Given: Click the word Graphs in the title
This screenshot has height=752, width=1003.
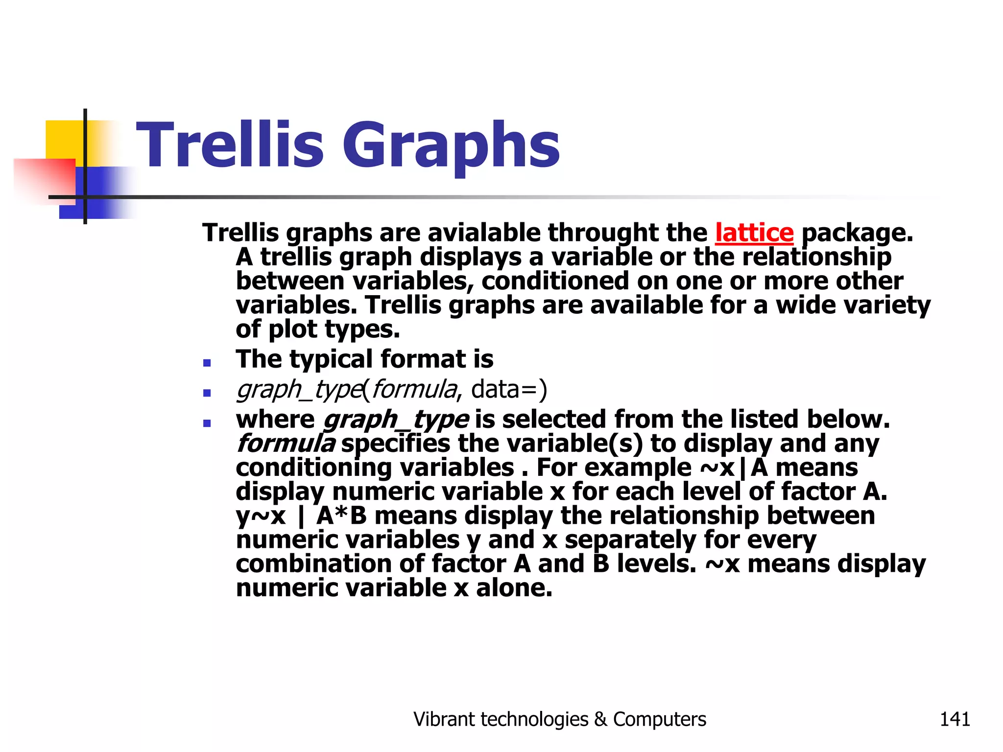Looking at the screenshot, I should pos(451,145).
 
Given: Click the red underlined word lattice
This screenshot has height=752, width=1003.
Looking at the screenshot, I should pos(754,233).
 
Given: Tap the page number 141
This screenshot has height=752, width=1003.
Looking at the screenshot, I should pos(955,719).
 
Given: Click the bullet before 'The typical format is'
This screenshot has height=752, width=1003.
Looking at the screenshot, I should pos(207,363).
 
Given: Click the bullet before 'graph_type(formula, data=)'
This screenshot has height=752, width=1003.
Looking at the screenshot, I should pos(207,393).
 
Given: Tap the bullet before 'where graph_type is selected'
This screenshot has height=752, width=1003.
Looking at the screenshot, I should pos(207,423).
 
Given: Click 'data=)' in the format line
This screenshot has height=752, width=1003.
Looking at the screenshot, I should pos(509,390).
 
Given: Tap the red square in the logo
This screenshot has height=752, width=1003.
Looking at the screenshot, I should pos(44,179).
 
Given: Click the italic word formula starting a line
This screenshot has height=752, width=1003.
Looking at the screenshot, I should pos(286,444).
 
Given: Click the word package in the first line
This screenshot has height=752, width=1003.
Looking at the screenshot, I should pos(857,233).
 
